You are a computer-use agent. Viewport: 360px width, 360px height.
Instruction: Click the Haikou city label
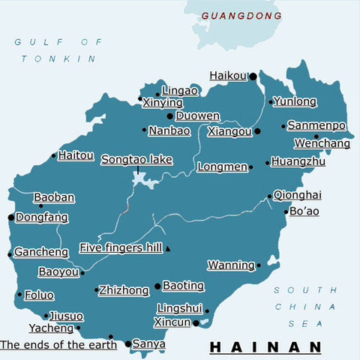[x=228, y=76]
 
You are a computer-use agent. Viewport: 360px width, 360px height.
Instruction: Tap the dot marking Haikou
[x=253, y=76]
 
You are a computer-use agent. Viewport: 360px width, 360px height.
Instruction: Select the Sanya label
[x=148, y=344]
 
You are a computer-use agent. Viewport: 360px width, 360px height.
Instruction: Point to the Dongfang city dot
[x=10, y=217]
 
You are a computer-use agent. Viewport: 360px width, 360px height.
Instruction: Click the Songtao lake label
[x=136, y=160]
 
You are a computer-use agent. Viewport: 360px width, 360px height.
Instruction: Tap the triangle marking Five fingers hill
[x=169, y=248]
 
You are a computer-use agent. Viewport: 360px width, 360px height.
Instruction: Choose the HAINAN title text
[x=265, y=347]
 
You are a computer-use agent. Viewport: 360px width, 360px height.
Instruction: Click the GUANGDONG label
[x=242, y=15]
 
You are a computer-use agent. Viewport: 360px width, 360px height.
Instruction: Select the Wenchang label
[x=322, y=143]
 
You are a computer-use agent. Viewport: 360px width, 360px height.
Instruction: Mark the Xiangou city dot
[x=257, y=131]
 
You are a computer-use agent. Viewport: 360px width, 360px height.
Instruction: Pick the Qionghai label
[x=298, y=195]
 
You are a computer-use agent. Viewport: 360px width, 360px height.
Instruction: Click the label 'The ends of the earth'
[x=58, y=345]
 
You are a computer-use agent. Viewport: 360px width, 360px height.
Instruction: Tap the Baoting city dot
[x=157, y=286]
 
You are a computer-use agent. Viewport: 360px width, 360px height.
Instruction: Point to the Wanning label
[x=231, y=265]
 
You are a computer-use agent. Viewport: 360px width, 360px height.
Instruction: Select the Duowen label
[x=198, y=116]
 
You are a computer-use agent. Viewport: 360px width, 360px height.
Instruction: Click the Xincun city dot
[x=196, y=323]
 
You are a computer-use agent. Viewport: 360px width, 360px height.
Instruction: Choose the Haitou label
[x=76, y=156]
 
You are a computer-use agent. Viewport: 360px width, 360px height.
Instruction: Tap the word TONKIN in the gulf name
[x=59, y=58]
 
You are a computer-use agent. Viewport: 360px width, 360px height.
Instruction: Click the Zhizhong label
[x=124, y=289]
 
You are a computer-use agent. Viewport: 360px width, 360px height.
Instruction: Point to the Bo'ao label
[x=304, y=211]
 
